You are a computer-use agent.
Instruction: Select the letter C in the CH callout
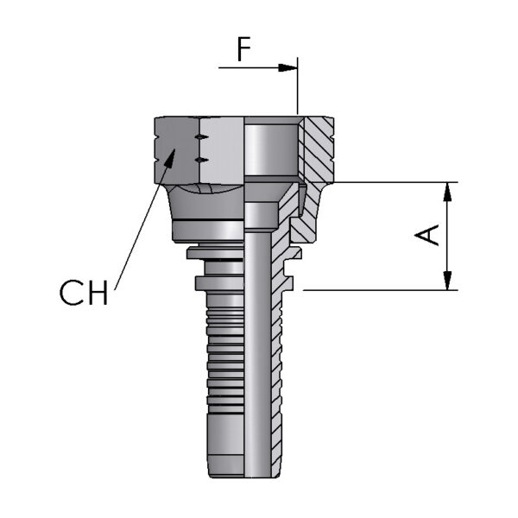tap(73, 294)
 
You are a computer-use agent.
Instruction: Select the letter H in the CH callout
tap(98, 294)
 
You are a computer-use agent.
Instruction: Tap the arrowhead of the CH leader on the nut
tap(173, 155)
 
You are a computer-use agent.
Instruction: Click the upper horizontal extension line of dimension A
tap(388, 182)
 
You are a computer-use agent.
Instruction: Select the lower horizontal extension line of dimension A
tap(380, 290)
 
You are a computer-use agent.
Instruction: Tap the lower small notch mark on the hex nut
tap(200, 160)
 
